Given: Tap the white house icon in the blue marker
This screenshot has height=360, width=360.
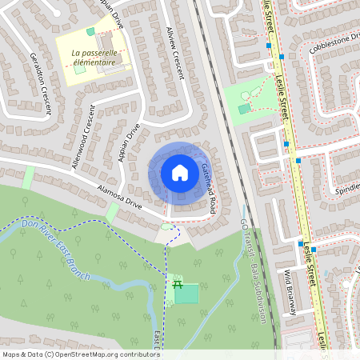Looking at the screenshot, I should (180, 172).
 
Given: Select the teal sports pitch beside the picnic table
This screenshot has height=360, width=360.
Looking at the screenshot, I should (186, 294).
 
